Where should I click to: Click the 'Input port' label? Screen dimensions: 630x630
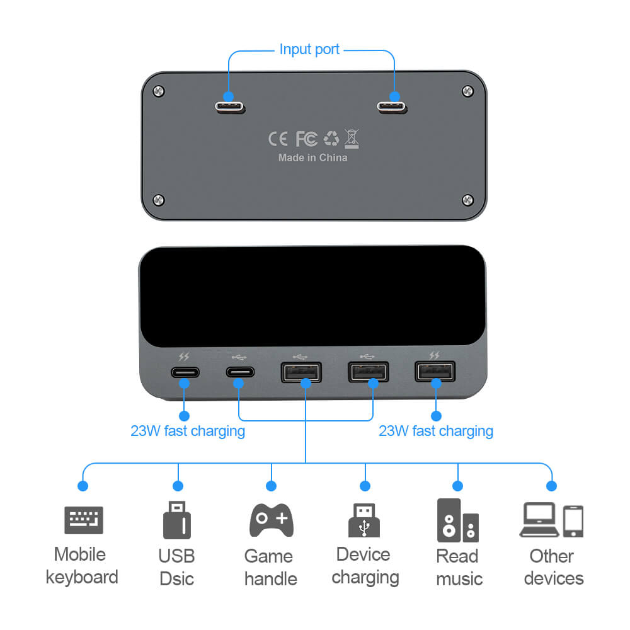pyautogui.click(x=309, y=49)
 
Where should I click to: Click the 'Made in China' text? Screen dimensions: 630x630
pyautogui.click(x=312, y=157)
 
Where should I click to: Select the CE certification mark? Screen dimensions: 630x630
pyautogui.click(x=278, y=139)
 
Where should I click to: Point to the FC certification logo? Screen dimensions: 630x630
pyautogui.click(x=307, y=139)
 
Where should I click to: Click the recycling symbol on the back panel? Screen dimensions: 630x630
pyautogui.click(x=331, y=139)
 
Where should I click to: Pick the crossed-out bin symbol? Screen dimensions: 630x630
pyautogui.click(x=352, y=138)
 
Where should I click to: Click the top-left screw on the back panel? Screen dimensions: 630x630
pyautogui.click(x=159, y=92)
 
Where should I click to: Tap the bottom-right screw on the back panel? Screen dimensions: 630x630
pyautogui.click(x=467, y=200)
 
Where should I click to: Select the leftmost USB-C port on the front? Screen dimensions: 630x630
pyautogui.click(x=185, y=371)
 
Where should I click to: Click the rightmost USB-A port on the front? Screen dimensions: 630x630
pyautogui.click(x=435, y=371)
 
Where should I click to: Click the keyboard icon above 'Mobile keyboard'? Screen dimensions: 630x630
pyautogui.click(x=83, y=520)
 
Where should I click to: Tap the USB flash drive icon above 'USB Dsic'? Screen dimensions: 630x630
pyautogui.click(x=177, y=520)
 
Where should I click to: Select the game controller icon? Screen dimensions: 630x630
pyautogui.click(x=272, y=520)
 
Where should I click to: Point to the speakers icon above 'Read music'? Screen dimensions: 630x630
pyautogui.click(x=458, y=520)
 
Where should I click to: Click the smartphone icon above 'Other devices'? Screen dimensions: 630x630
pyautogui.click(x=573, y=521)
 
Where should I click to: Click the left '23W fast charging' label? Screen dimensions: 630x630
pyautogui.click(x=188, y=431)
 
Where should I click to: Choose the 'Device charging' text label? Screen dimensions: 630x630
pyautogui.click(x=365, y=566)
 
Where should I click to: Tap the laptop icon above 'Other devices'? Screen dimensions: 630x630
pyautogui.click(x=539, y=520)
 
